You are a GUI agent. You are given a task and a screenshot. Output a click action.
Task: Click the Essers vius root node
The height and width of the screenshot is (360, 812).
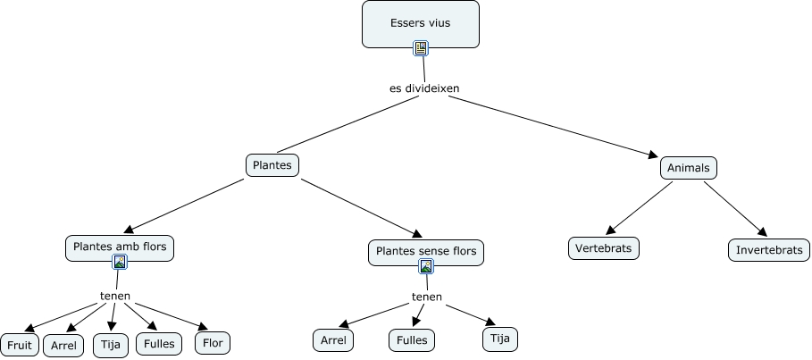[420, 23]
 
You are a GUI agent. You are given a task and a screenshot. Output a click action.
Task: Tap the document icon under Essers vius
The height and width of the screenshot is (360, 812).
[421, 48]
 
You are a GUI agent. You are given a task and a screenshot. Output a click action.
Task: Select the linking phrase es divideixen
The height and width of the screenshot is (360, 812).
[424, 88]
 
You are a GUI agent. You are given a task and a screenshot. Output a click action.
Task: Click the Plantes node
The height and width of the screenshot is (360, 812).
[272, 165]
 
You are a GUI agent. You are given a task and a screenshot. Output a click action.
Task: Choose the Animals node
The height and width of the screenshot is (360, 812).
[688, 168]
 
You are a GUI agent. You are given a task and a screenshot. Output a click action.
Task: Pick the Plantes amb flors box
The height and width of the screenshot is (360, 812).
[120, 247]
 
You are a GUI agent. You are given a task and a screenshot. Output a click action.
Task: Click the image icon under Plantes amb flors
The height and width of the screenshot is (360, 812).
[120, 262]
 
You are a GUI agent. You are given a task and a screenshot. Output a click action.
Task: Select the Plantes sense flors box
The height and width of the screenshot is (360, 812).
[426, 252]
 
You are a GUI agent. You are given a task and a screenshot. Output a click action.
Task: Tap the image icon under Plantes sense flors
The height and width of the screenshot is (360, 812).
[426, 266]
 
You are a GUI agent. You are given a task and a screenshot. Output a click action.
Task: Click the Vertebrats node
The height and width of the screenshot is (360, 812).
[604, 247]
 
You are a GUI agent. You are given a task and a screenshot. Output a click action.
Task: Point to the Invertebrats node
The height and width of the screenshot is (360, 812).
[769, 249]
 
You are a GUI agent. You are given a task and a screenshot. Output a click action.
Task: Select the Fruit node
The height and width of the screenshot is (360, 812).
[19, 345]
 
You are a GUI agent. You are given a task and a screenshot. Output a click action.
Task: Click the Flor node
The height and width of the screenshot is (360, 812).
[213, 342]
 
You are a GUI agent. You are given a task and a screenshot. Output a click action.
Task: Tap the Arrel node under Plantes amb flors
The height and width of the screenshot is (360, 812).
[63, 345]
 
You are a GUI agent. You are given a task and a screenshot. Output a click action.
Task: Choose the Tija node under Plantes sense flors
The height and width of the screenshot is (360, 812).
[500, 339]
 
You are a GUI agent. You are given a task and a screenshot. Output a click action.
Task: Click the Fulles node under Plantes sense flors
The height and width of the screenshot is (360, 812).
[411, 339]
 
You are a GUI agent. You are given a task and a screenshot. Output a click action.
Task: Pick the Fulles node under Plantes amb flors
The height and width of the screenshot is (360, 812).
[159, 343]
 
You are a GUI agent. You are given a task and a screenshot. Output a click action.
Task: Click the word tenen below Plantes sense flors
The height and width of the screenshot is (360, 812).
[426, 297]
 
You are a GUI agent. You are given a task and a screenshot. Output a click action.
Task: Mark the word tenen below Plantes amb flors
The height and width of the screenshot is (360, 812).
[115, 296]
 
